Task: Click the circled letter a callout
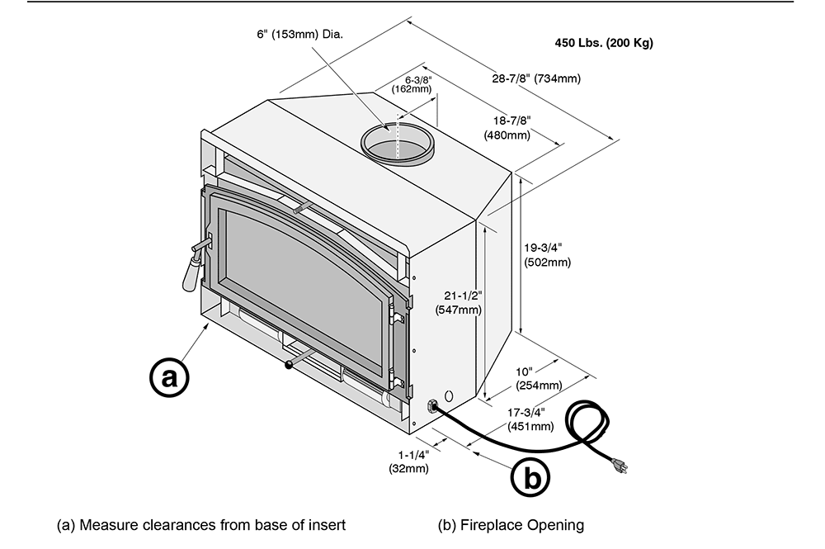[x=169, y=378]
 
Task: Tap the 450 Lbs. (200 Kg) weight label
[x=604, y=43]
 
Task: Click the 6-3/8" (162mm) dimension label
[x=412, y=83]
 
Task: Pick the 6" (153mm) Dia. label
[x=299, y=35]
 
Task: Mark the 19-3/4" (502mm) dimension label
[x=547, y=254]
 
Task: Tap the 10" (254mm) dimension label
[x=539, y=379]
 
